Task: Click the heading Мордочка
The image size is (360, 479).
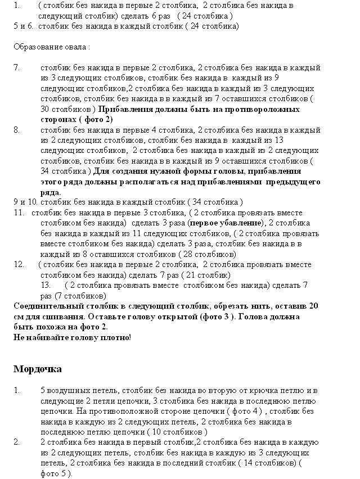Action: (x=38, y=369)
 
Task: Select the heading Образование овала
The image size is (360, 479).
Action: (x=51, y=46)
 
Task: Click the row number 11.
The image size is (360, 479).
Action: (x=19, y=213)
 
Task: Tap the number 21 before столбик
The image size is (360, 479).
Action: (x=199, y=275)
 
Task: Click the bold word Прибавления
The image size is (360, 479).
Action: (x=131, y=109)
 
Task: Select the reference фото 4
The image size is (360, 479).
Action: (x=242, y=411)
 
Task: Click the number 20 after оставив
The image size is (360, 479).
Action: (x=314, y=306)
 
